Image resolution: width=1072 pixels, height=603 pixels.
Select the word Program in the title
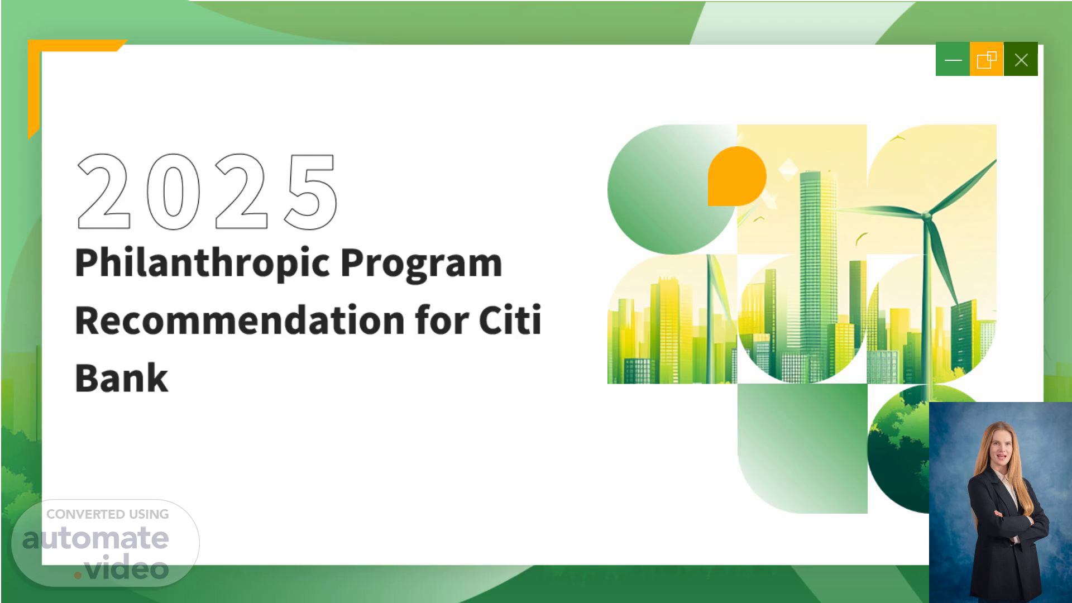[422, 264]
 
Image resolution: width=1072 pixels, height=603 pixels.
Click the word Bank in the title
[122, 378]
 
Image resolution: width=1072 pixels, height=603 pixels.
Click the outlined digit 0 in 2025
[173, 192]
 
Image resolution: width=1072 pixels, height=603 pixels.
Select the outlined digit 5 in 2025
[311, 192]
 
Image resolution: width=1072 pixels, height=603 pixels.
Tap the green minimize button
[953, 59]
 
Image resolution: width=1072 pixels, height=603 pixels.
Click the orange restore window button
[987, 59]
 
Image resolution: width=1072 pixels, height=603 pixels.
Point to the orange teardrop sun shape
[737, 176]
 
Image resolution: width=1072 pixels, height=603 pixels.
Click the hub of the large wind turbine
[926, 216]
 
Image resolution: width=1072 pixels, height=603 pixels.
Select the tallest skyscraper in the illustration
[818, 274]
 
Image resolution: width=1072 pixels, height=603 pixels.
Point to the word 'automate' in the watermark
[95, 538]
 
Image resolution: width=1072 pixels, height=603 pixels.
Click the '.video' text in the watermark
[122, 568]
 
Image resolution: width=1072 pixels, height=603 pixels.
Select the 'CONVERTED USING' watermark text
[107, 514]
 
